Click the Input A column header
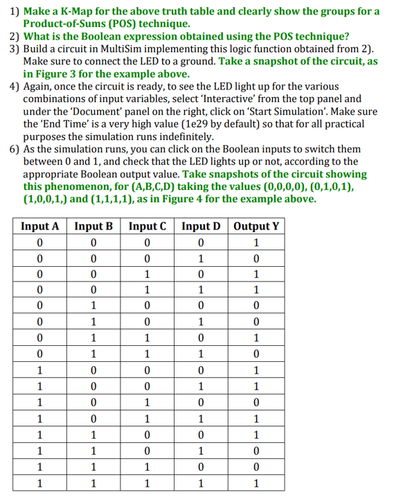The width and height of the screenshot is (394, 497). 39,226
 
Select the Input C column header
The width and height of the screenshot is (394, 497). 147,226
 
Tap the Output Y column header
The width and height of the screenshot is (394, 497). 257,226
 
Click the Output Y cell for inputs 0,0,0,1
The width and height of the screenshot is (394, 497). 257,259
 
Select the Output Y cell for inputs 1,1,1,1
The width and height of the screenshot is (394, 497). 257,482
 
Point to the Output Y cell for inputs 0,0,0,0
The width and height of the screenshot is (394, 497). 257,243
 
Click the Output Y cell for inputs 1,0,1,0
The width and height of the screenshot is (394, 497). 257,402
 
